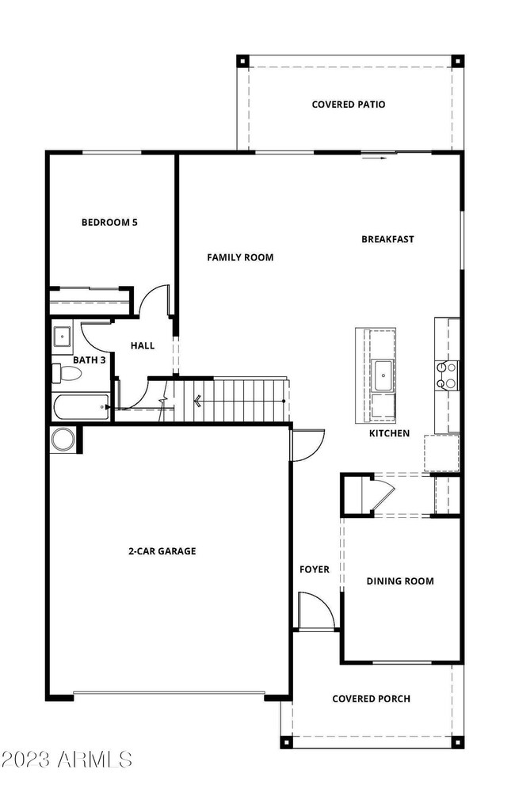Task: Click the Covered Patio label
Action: [x=349, y=104]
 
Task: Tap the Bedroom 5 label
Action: [x=109, y=223]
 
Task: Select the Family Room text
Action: [x=240, y=257]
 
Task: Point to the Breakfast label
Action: [x=387, y=239]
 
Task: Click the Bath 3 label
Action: [x=90, y=360]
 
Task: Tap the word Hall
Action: [x=143, y=345]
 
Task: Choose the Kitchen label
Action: [x=389, y=433]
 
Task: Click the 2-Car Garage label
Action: [x=162, y=551]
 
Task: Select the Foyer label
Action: [x=314, y=569]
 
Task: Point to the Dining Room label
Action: [x=400, y=581]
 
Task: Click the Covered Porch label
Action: [x=371, y=699]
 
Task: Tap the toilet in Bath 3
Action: [x=63, y=374]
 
